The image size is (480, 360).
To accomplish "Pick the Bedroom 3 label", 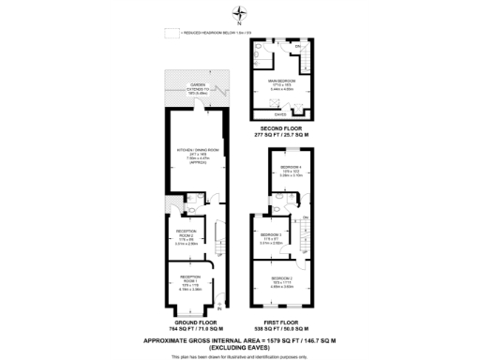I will (x=271, y=237).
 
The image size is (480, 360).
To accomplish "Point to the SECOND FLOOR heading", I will (x=282, y=130).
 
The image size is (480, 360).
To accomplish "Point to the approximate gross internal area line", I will (x=240, y=338).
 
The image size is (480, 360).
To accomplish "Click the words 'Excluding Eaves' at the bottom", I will (x=240, y=346).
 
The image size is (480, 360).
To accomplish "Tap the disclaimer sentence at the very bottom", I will (x=240, y=355).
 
